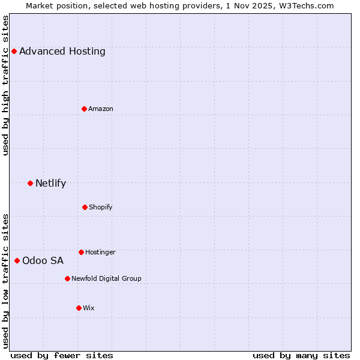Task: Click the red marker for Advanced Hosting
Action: [x=14, y=51]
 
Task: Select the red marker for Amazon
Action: [x=84, y=109]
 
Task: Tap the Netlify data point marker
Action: [x=30, y=183]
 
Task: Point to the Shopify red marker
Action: [x=85, y=207]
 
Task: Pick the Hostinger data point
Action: [x=81, y=252]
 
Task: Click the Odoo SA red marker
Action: [x=17, y=260]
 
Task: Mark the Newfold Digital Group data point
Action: [x=67, y=278]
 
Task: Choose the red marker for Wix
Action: [x=79, y=308]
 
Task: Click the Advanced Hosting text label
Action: [x=62, y=51]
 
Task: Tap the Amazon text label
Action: [x=101, y=109]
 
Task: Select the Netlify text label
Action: [x=50, y=183]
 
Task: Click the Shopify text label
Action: [x=101, y=207]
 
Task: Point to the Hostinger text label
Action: [x=100, y=252]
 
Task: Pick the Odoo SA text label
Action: [x=43, y=260]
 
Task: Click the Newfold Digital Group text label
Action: [x=106, y=278]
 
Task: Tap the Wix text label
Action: [x=89, y=308]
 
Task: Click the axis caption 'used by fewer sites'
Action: [x=62, y=355]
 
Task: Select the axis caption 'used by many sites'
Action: [x=301, y=355]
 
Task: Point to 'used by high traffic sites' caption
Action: [x=6, y=85]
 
